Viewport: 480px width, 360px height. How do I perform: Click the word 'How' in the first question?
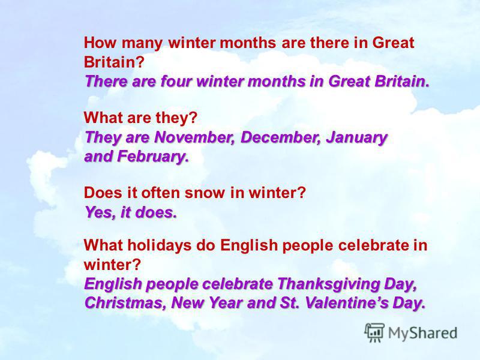click(100, 43)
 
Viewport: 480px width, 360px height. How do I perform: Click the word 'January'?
click(356, 138)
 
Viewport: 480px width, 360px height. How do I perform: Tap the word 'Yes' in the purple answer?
click(101, 212)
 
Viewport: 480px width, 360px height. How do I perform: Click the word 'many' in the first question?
click(142, 43)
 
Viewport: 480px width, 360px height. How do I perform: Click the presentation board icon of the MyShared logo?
click(374, 332)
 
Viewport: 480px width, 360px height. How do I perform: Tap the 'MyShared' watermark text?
click(423, 334)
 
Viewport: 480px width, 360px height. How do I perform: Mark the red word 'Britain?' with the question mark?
click(114, 62)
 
